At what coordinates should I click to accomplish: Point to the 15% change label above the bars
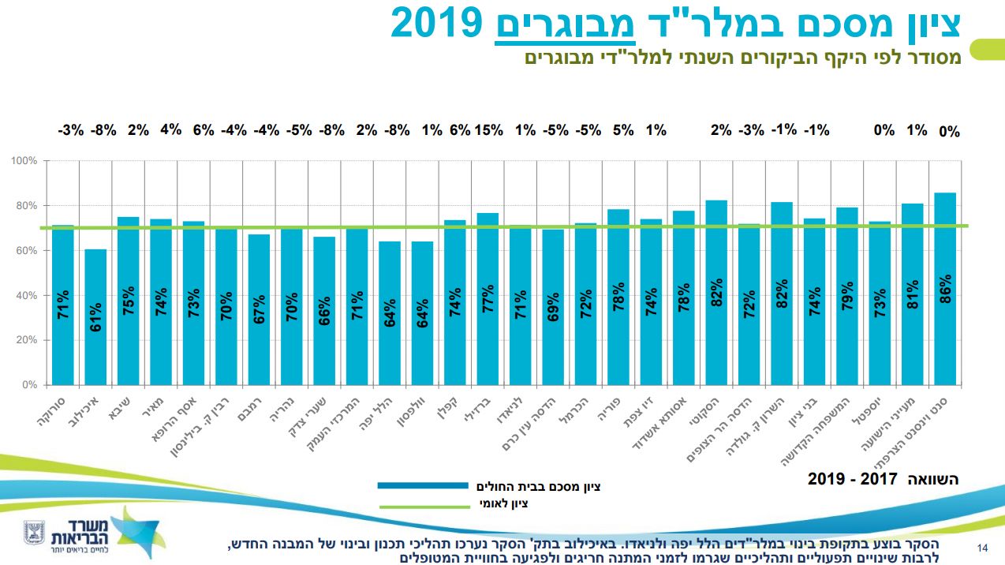(488, 130)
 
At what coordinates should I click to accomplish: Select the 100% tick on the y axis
(24, 161)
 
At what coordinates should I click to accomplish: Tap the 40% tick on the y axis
(27, 296)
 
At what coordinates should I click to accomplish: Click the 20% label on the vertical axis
(27, 341)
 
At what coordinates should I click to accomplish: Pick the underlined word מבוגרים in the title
(563, 23)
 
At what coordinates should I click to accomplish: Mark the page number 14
(982, 548)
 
